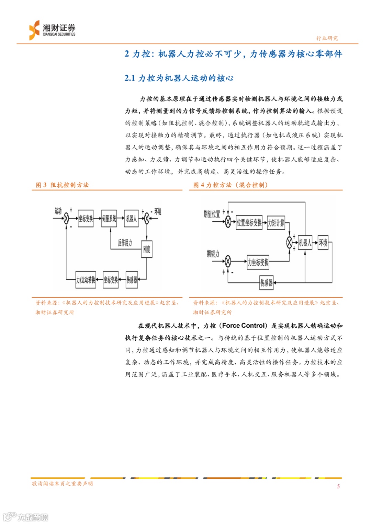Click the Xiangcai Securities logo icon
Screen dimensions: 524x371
pos(34,30)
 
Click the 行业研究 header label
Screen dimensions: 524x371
pos(327,38)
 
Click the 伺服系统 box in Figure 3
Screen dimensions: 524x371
pos(109,219)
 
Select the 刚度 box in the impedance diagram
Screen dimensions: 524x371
pos(147,249)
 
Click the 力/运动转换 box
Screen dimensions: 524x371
pos(86,280)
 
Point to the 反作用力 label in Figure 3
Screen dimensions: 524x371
pos(125,243)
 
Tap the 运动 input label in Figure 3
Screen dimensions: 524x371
pos(58,211)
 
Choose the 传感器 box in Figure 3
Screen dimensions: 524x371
pos(132,280)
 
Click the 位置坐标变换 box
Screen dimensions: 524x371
pos(249,223)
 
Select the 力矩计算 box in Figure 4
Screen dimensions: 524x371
pos(276,223)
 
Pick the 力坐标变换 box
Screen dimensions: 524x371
pos(258,263)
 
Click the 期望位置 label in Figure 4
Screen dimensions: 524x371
pos(212,214)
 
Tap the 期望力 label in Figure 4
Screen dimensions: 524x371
pos(213,254)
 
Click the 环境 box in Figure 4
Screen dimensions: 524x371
pos(323,243)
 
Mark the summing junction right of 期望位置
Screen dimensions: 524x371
pos(228,222)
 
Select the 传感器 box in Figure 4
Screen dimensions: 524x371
pos(266,283)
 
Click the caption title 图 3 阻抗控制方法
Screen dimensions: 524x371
pos(63,185)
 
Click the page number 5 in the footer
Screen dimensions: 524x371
pos(338,486)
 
